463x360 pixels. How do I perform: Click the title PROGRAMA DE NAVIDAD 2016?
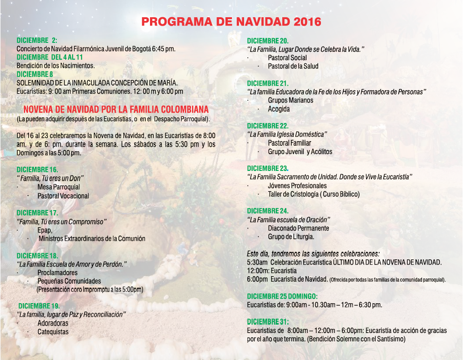[x=231, y=22]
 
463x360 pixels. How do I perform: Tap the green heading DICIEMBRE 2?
[x=37, y=41]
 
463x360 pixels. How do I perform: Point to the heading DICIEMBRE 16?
[x=37, y=170]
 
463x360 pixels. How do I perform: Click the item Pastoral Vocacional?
[x=63, y=196]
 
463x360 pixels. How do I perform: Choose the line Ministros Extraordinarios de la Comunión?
[x=92, y=238]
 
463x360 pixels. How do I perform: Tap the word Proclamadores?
[x=57, y=272]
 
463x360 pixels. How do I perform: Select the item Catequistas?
[x=53, y=332]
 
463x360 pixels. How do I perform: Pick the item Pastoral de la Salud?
[x=293, y=66]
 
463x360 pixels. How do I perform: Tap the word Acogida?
[x=279, y=109]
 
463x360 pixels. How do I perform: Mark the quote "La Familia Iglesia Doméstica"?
[x=287, y=135]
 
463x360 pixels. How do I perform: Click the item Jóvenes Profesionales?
[x=297, y=186]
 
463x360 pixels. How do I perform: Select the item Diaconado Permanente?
[x=298, y=228]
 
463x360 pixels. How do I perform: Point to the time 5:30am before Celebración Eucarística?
[x=256, y=263]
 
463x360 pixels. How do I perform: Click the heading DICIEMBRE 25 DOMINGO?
[x=282, y=296]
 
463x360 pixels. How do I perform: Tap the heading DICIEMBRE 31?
[x=267, y=322]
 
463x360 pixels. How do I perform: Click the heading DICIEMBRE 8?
[x=34, y=74]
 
